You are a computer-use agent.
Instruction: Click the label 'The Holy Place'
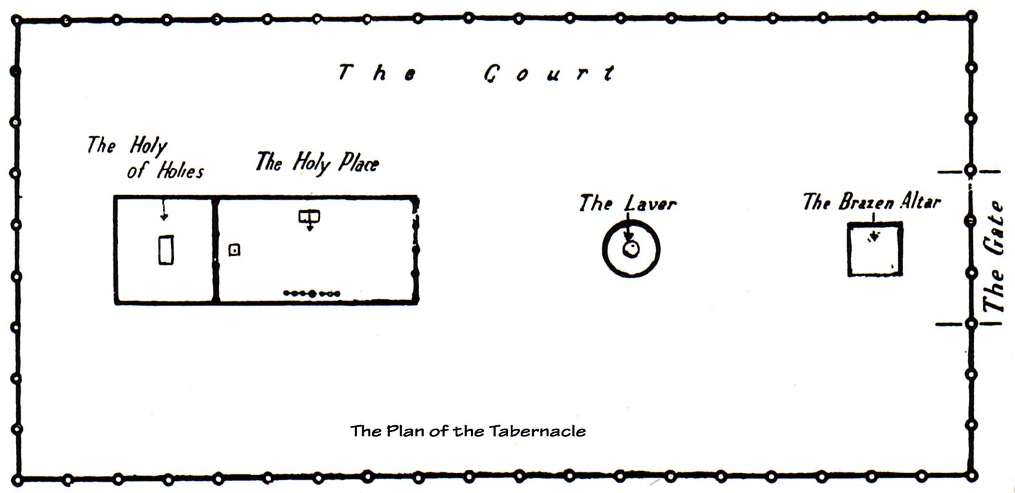pos(317,163)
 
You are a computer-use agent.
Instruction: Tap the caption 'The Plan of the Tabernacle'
pos(468,431)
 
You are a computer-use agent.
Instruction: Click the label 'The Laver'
pos(627,203)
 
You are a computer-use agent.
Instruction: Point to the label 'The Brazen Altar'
pos(871,202)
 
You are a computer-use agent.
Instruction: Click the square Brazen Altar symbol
pos(875,250)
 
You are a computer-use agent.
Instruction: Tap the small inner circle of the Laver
pos(630,250)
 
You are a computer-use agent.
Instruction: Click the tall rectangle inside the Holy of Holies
pos(166,250)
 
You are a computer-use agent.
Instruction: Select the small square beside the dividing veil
pos(234,250)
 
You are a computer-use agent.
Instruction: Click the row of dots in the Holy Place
pos(312,294)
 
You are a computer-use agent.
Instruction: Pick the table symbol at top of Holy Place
pos(309,217)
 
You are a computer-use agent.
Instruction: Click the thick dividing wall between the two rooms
pos(216,250)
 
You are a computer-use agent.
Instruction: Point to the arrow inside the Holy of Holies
pos(163,210)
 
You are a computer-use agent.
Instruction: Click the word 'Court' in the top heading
pos(549,73)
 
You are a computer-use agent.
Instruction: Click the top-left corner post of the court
pos(17,22)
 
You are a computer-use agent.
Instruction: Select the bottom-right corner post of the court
pos(971,478)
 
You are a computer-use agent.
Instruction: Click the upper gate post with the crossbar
pos(971,170)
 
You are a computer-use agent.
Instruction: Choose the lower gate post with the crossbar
pos(971,323)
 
